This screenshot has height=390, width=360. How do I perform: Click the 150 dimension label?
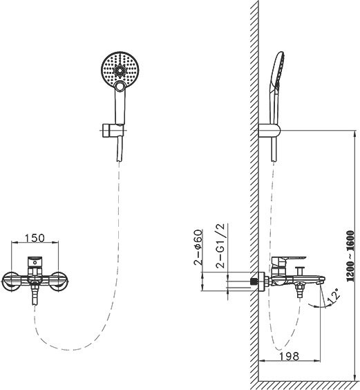35,238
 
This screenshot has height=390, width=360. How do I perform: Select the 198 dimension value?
289,356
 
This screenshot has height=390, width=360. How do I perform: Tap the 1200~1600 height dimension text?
350,256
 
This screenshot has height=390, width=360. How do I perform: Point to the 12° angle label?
333,296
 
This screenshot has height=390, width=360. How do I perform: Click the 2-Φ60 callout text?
198,247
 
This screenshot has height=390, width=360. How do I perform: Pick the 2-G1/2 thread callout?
220,245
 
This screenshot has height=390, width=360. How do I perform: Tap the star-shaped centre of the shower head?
120,70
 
